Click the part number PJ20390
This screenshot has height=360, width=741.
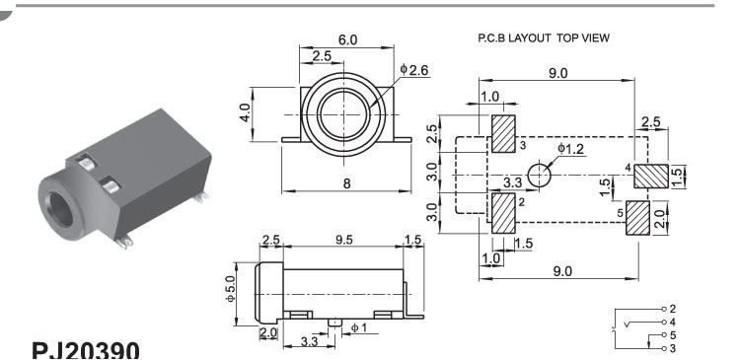86,350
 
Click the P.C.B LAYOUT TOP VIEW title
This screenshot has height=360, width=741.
544,38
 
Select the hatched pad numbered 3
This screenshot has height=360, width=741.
503,134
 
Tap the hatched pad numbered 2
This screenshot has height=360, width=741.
503,213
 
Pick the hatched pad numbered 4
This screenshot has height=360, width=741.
651,177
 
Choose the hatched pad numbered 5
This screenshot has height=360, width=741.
638,218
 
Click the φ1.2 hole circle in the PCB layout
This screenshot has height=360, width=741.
539,176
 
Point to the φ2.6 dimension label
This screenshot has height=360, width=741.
414,70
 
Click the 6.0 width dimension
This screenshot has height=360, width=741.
347,40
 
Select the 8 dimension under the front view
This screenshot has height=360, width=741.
347,183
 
